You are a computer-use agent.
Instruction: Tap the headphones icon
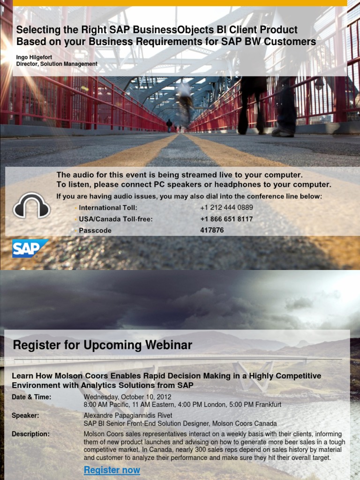point(31,205)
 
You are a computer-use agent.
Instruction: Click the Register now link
point(112,470)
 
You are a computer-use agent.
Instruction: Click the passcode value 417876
point(212,230)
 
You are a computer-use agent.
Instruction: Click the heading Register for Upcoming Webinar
point(103,345)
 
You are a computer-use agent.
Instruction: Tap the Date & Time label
point(31,397)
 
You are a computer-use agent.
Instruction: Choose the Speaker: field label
point(25,415)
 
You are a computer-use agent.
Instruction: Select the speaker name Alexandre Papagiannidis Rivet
point(128,415)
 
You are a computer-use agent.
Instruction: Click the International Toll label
point(108,208)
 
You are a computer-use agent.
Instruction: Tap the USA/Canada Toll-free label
point(116,219)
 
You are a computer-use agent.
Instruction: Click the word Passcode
point(95,230)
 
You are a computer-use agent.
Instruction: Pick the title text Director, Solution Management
point(57,64)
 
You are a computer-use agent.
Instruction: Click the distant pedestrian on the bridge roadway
point(169,125)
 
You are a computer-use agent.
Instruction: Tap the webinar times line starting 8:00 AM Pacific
point(182,404)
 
